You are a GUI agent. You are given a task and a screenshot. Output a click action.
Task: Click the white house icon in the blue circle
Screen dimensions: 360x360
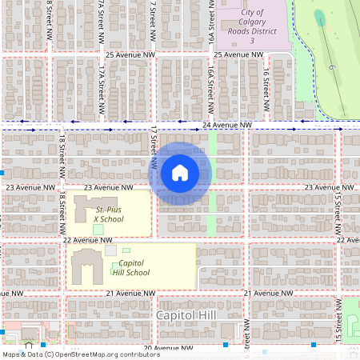click(180, 173)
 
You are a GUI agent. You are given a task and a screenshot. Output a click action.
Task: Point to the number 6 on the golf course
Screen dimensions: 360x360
click(330, 68)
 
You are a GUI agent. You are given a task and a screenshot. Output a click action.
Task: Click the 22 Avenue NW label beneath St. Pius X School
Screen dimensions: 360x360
click(88, 240)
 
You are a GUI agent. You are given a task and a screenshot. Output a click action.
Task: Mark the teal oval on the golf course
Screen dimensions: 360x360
click(320, 18)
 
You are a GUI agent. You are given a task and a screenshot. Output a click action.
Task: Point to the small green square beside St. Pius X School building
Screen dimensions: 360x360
click(98, 230)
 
